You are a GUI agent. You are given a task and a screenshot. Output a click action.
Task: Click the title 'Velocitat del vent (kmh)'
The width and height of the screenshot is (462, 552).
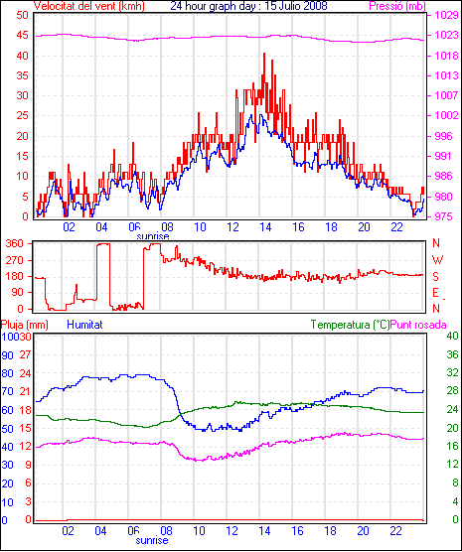(x=88, y=6)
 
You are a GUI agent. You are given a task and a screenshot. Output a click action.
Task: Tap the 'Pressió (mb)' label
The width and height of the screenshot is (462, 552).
(x=397, y=6)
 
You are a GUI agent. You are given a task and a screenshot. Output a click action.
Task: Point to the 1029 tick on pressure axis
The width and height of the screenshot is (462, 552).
(x=447, y=15)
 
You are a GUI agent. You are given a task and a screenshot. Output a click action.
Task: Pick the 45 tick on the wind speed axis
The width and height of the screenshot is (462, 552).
(x=23, y=35)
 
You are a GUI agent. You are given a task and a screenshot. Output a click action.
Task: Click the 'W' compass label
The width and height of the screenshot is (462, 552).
(x=437, y=260)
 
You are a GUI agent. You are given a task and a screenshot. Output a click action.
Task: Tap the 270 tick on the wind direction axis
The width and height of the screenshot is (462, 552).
(x=16, y=260)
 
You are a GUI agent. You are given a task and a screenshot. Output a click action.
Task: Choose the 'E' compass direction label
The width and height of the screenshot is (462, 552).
(x=435, y=293)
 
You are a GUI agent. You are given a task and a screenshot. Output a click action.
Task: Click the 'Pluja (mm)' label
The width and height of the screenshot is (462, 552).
(x=24, y=325)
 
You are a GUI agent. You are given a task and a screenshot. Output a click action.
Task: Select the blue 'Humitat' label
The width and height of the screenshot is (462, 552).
(x=84, y=325)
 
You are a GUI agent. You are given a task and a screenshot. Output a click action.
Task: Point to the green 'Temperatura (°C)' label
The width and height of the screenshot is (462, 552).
(x=351, y=325)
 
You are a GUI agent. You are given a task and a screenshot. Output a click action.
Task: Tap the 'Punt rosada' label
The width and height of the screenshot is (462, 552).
(x=418, y=325)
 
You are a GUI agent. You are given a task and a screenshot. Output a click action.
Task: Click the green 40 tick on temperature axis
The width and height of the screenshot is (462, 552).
(x=452, y=336)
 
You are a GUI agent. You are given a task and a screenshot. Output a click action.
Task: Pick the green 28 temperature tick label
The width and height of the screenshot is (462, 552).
(x=452, y=391)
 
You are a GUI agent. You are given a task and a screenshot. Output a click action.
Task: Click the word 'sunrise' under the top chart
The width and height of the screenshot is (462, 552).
(x=153, y=236)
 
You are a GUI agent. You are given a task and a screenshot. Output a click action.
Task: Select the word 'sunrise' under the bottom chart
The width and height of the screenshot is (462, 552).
(x=152, y=540)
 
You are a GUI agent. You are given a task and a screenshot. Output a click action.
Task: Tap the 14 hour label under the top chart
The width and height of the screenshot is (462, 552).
(x=265, y=227)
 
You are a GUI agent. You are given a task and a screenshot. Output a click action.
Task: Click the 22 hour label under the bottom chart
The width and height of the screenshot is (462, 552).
(x=396, y=530)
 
